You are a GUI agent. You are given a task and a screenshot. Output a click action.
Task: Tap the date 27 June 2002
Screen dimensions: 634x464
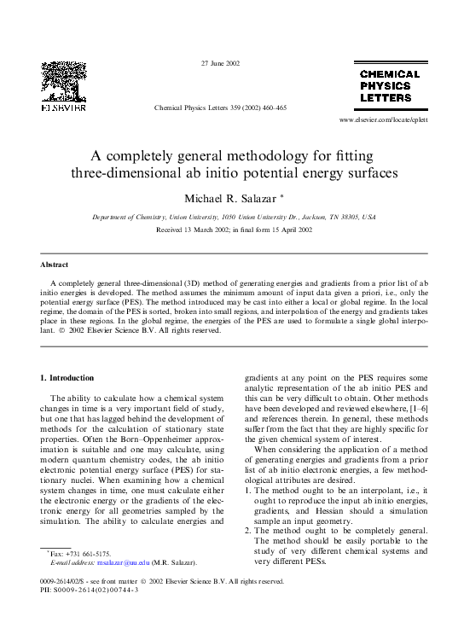click(x=220, y=64)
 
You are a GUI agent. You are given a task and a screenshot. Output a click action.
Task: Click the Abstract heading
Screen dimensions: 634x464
click(x=55, y=265)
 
